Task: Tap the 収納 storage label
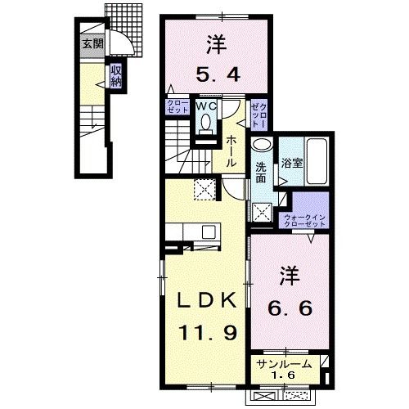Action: (x=117, y=77)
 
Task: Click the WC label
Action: (x=204, y=106)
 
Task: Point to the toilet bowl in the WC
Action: (x=205, y=123)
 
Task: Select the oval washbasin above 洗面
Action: (x=261, y=146)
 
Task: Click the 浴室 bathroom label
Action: (x=293, y=162)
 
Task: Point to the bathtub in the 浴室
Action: (x=315, y=158)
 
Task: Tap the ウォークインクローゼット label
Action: (x=303, y=218)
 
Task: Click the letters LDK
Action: (x=204, y=302)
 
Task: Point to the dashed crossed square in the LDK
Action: (x=204, y=190)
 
